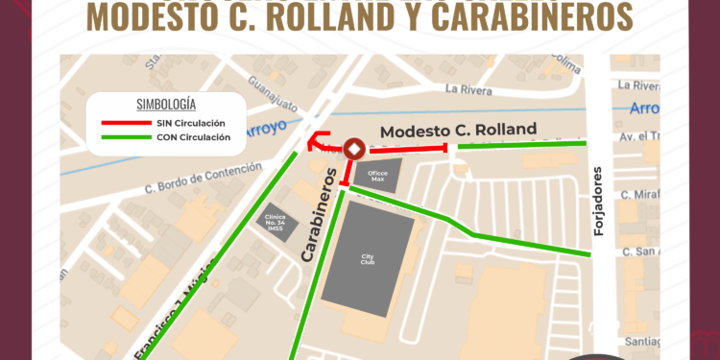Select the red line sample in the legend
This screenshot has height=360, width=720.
click(x=124, y=123)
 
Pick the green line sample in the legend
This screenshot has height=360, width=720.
click(x=124, y=137)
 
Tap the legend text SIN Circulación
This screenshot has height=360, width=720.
click(x=190, y=123)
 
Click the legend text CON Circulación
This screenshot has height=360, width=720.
click(x=192, y=137)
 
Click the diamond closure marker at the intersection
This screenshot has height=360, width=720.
click(x=353, y=149)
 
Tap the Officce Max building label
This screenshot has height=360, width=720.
click(x=370, y=175)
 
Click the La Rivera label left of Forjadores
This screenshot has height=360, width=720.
click(x=468, y=90)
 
